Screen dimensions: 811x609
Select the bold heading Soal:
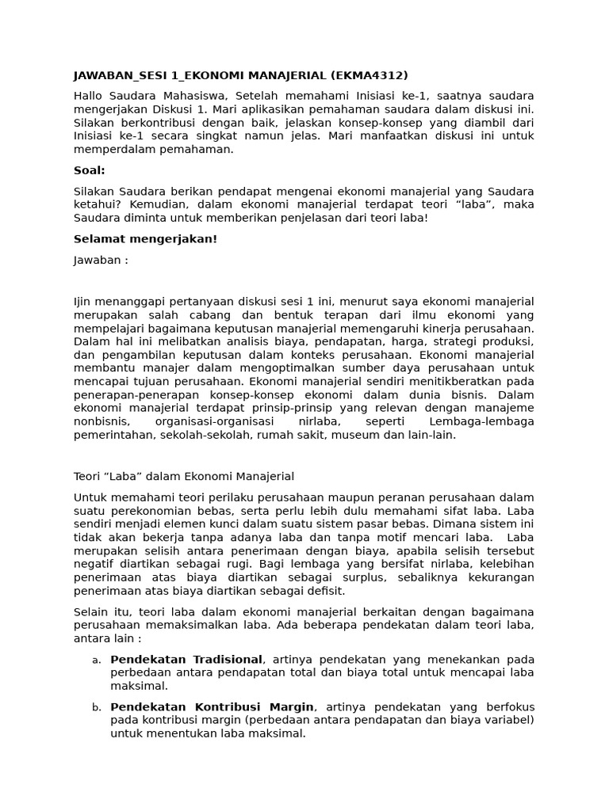pos(89,170)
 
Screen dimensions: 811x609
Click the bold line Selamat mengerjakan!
pos(145,239)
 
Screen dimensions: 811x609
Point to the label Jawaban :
pos(101,260)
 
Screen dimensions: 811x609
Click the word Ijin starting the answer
pos(83,301)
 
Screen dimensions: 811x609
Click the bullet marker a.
pos(96,660)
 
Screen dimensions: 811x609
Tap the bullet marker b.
pos(96,707)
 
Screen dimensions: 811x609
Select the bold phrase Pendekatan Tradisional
pos(186,659)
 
